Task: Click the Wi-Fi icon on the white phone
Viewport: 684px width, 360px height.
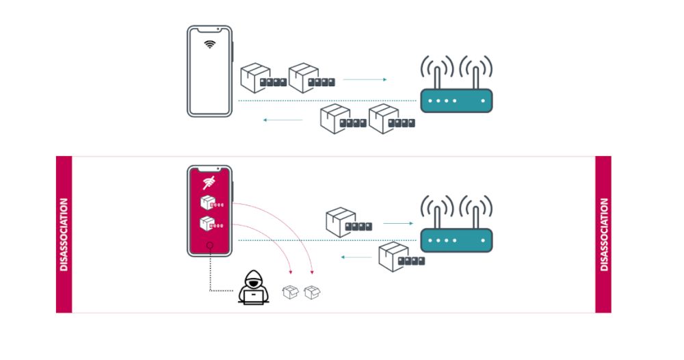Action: pyautogui.click(x=210, y=45)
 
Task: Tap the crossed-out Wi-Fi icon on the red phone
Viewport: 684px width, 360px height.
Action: pyautogui.click(x=209, y=181)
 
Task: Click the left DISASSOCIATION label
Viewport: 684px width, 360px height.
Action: pyautogui.click(x=64, y=235)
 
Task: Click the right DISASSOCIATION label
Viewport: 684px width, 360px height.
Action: pyautogui.click(x=603, y=235)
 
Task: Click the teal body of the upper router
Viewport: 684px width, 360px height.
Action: pyautogui.click(x=456, y=101)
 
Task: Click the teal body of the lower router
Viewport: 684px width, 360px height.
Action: pyautogui.click(x=456, y=240)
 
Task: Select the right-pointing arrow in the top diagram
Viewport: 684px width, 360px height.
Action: pyautogui.click(x=365, y=80)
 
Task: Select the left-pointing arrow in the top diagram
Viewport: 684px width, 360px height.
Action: pyautogui.click(x=283, y=120)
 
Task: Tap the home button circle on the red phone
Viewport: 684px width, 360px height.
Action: pyautogui.click(x=210, y=246)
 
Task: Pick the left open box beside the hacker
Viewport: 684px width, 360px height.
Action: pyautogui.click(x=290, y=292)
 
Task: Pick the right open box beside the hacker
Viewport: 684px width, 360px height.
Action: pyautogui.click(x=313, y=292)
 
